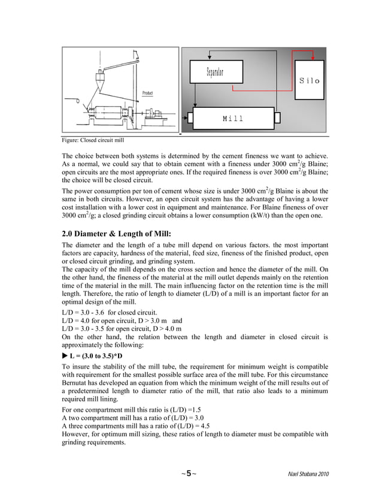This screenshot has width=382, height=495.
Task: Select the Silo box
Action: [x=309, y=80]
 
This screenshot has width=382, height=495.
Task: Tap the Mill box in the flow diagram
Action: [x=232, y=118]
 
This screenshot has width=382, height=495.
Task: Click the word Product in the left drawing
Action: [x=147, y=93]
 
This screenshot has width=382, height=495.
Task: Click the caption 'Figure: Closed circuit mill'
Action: [x=93, y=140]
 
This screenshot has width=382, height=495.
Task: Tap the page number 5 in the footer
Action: [x=188, y=473]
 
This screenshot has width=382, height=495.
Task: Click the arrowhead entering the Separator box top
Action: [x=210, y=59]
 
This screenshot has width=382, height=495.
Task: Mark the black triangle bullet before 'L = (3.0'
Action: [x=65, y=355]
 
